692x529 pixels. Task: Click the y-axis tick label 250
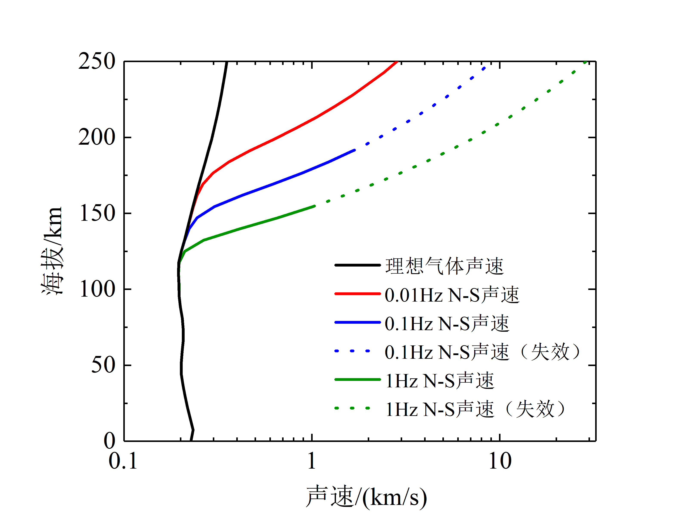pos(97,61)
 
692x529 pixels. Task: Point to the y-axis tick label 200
pos(97,138)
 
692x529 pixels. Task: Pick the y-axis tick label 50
pos(103,365)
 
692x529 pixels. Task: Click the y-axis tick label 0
pos(109,441)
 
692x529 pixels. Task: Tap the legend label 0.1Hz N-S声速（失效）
pos(482,352)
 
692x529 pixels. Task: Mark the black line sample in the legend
pos(358,265)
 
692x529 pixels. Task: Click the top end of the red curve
pos(397,62)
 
